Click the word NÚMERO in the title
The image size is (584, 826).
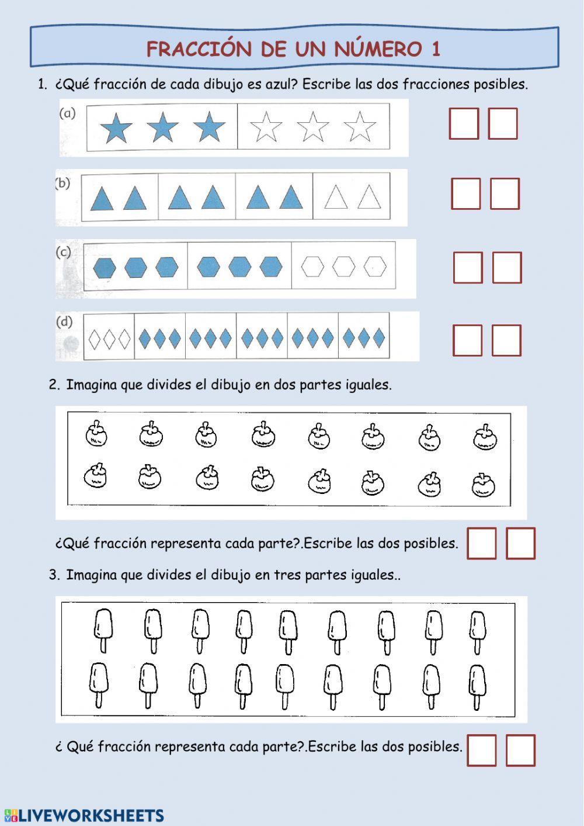pyautogui.click(x=378, y=49)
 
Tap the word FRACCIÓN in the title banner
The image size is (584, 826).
pyautogui.click(x=199, y=49)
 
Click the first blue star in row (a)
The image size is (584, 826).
pyautogui.click(x=116, y=127)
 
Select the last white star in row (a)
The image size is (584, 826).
pyautogui.click(x=360, y=126)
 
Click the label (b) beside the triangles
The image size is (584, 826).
pyautogui.click(x=62, y=183)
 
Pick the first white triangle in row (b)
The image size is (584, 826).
pyautogui.click(x=336, y=197)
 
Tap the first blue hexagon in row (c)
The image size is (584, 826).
pyautogui.click(x=105, y=268)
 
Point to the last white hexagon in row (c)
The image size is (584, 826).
pyautogui.click(x=375, y=266)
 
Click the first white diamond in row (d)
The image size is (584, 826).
pyautogui.click(x=95, y=339)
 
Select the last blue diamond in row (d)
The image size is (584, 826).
pyautogui.click(x=379, y=337)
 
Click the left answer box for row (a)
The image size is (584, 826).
pyautogui.click(x=464, y=123)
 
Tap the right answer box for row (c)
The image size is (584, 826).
pyautogui.click(x=507, y=267)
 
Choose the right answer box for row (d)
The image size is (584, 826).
pyautogui.click(x=507, y=340)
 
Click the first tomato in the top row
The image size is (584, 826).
pyautogui.click(x=96, y=433)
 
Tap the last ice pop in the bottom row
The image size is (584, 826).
pyautogui.click(x=477, y=687)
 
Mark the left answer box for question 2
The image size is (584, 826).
pyautogui.click(x=482, y=543)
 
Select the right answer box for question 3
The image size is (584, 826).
pyautogui.click(x=520, y=751)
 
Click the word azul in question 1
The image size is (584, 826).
pyautogui.click(x=280, y=84)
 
